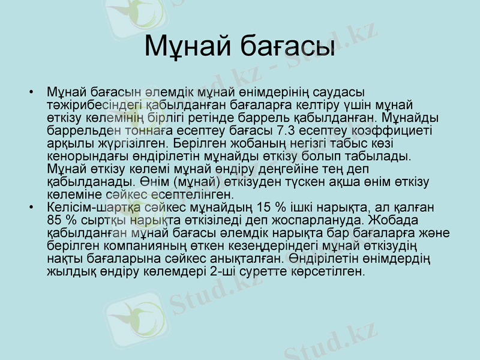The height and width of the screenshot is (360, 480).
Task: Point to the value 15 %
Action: (x=268, y=207)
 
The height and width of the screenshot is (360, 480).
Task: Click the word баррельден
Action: (x=78, y=129)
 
